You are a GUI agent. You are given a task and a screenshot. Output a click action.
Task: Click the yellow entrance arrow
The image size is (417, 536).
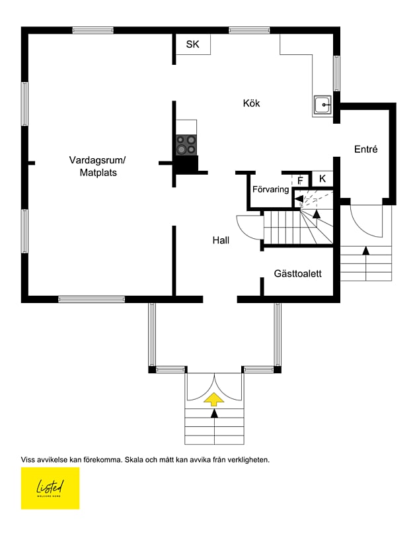coord(214,398)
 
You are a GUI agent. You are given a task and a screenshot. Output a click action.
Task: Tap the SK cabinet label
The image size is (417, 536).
coord(192,44)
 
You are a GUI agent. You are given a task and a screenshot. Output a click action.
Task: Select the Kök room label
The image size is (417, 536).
coord(251,103)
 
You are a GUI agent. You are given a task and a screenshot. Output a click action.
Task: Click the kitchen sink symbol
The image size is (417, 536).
coord(323,105)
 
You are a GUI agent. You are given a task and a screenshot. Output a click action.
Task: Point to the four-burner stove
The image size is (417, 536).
coord(186,144)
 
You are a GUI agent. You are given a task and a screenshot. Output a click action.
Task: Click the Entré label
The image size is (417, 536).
coord(365,150)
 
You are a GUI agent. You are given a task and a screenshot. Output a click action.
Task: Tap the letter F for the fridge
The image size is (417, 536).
coord(300,181)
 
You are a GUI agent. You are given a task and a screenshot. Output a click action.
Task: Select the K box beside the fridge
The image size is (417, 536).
coord(322,179)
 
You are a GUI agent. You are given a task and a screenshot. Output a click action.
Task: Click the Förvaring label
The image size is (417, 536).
coord(270,190)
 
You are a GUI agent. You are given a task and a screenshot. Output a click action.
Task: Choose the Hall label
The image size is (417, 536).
coord(221,240)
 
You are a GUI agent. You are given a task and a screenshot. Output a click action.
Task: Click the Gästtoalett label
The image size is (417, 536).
coord(297,273)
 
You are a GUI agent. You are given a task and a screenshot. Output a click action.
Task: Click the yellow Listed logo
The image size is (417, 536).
coord(50,488)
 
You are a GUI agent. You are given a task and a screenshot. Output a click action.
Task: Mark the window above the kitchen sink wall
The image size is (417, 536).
coord(336,73)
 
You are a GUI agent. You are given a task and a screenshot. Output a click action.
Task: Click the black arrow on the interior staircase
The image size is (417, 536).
coord(316,213)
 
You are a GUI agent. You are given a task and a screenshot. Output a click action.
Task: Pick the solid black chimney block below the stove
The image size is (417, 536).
coord(186,165)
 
